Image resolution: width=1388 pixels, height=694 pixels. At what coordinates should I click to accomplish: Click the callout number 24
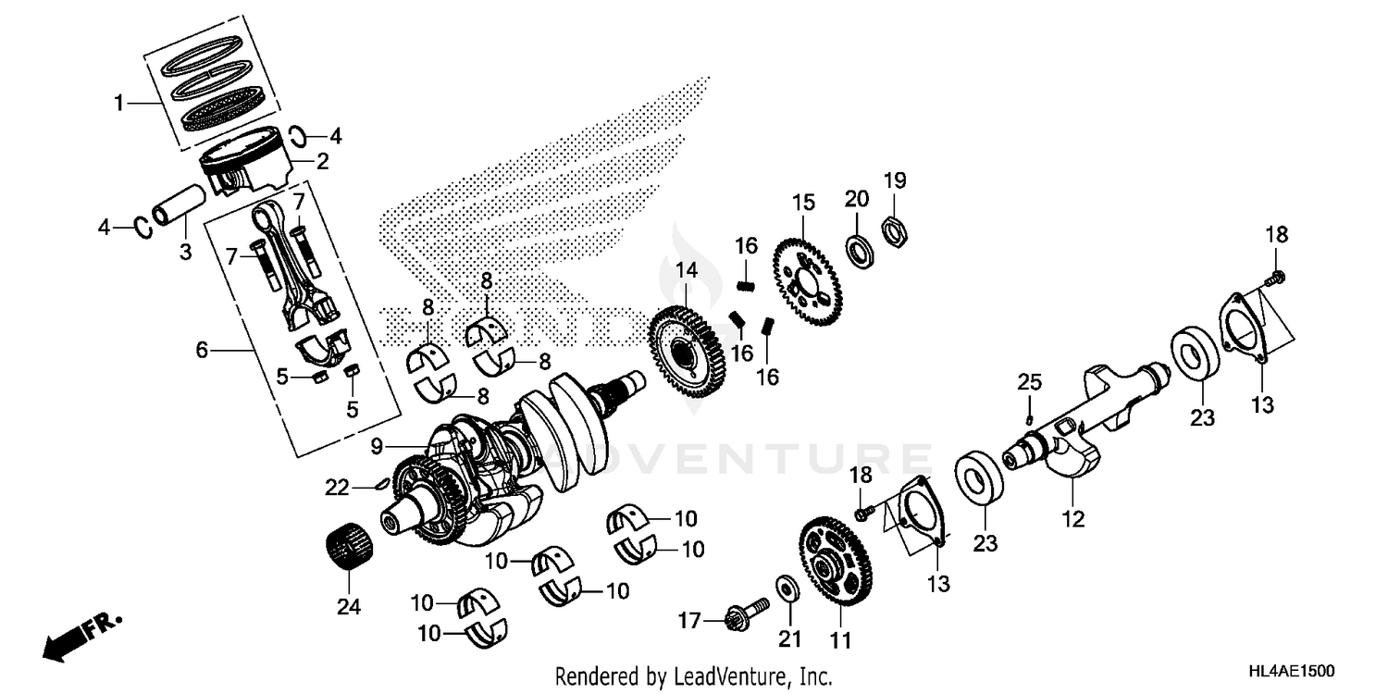tap(349, 607)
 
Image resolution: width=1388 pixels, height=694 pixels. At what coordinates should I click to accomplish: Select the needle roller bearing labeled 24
tap(350, 550)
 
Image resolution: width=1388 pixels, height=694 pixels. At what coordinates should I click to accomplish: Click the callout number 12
tap(1072, 520)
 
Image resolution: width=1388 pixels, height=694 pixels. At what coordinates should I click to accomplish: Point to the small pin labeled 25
tap(1029, 418)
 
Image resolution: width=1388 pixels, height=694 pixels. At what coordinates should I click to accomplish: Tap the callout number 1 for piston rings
tap(119, 104)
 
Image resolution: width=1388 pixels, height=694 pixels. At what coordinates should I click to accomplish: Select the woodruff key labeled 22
tap(377, 481)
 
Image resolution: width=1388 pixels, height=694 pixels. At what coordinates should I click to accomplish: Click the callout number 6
tap(203, 349)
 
